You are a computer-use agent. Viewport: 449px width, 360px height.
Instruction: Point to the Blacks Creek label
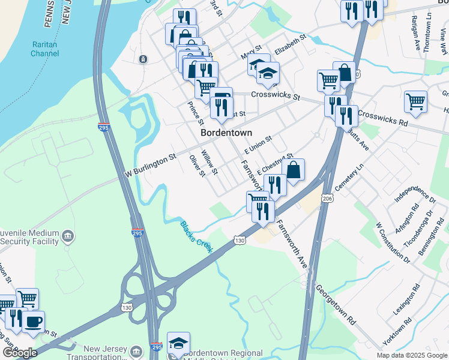point(196,236)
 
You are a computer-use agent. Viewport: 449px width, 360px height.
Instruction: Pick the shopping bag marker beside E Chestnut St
point(294,170)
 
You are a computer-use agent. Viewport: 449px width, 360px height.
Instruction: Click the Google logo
point(20,353)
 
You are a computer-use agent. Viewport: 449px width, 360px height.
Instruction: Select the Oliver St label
point(197,166)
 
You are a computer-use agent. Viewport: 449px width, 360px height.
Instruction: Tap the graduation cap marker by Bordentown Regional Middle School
point(178,343)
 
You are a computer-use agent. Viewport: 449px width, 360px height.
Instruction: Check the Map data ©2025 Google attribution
point(411,355)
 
